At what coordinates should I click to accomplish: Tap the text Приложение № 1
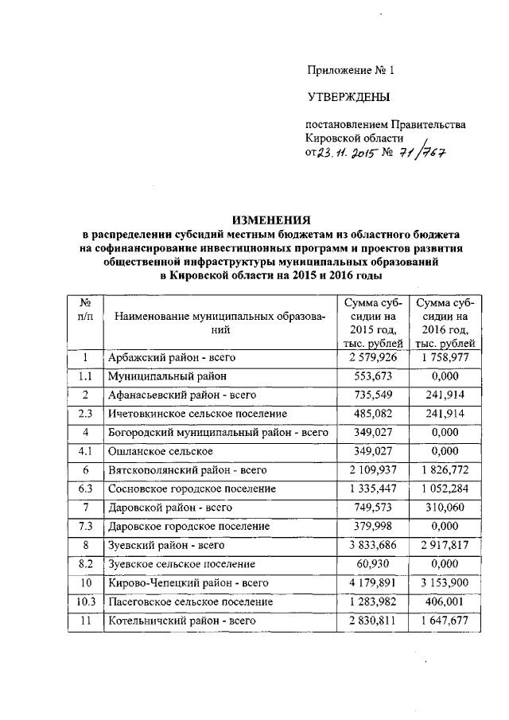point(351,70)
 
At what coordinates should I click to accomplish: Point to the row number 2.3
point(86,414)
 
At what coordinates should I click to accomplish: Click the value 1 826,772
point(446,469)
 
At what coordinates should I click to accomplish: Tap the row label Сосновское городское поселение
point(192,488)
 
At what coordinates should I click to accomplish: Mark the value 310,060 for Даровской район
point(446,507)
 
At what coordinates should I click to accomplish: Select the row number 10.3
point(86,601)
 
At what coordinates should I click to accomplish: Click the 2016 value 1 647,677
point(446,620)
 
